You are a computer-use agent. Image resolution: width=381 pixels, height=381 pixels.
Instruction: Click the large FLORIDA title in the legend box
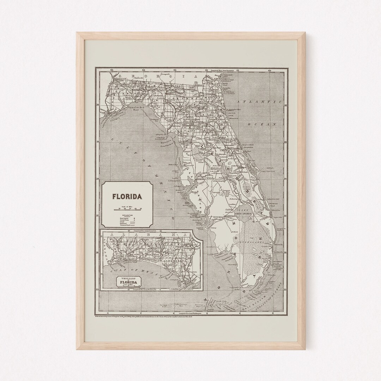click(127, 196)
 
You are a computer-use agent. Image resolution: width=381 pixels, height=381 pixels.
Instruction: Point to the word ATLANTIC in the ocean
click(260, 102)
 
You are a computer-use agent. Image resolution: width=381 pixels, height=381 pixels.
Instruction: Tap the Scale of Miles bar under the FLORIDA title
click(127, 210)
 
